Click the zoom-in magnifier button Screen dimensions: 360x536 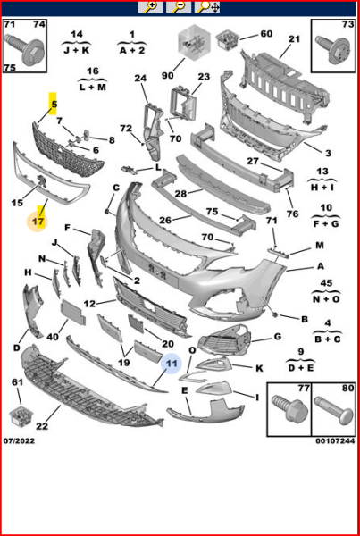[x=150, y=6]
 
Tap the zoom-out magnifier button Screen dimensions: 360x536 [x=179, y=6]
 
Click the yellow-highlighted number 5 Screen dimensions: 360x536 [x=54, y=104]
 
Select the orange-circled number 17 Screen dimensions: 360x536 [x=38, y=222]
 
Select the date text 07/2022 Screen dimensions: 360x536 [x=19, y=441]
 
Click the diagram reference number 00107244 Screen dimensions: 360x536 [x=335, y=441]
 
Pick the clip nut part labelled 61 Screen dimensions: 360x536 [x=21, y=416]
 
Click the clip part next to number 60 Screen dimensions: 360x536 [x=228, y=39]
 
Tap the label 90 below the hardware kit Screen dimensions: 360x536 [x=167, y=75]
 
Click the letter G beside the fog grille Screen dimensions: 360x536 [x=277, y=337]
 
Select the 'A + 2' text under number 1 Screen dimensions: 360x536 [x=132, y=51]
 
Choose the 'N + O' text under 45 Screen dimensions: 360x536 [x=326, y=299]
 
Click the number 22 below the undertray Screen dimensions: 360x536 [x=42, y=426]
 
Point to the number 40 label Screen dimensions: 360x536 [x=53, y=337]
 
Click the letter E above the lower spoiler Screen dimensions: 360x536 [x=185, y=390]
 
